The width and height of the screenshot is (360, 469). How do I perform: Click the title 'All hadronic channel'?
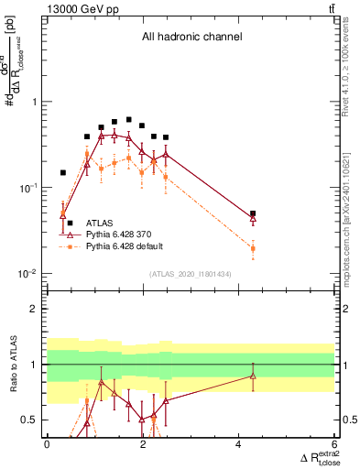coord(191,38)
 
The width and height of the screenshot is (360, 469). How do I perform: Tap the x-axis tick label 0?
coord(47,444)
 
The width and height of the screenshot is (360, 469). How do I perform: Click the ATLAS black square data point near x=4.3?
coord(253,213)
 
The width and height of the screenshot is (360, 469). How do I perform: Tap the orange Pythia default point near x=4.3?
coord(253,248)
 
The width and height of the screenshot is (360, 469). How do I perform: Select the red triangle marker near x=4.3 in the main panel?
coord(253,219)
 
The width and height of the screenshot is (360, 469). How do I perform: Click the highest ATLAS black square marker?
coord(128,120)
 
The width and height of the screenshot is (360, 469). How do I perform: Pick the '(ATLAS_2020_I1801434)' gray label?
coord(191,275)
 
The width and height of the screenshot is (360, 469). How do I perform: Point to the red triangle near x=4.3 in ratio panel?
coord(253,376)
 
